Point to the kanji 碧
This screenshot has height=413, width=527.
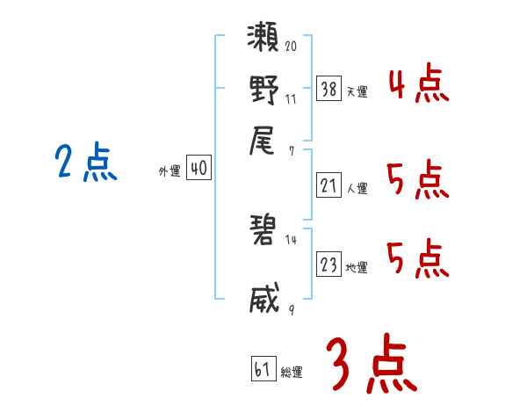click(264, 231)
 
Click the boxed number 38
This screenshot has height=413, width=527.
click(328, 89)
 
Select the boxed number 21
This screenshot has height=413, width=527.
click(328, 185)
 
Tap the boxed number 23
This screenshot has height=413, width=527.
click(328, 264)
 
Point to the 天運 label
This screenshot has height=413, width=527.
click(357, 91)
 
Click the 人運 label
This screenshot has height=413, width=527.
click(357, 188)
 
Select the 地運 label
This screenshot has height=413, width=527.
click(357, 267)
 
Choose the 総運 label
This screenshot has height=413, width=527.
click(292, 372)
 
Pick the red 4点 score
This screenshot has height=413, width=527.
click(418, 85)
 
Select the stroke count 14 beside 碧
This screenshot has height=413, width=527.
click(291, 239)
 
